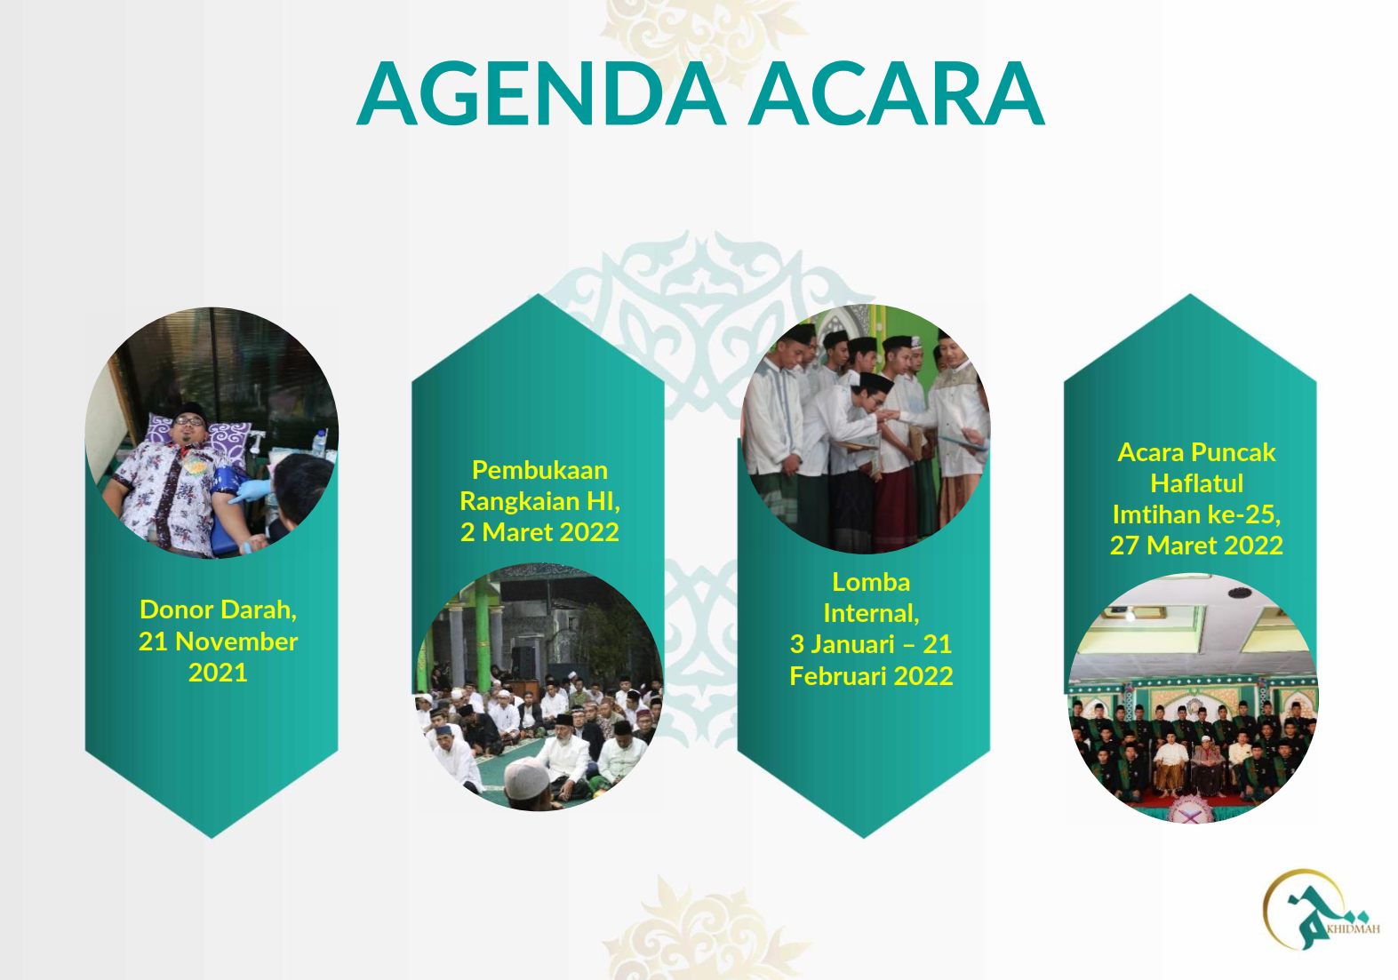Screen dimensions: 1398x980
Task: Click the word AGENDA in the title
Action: click(x=542, y=93)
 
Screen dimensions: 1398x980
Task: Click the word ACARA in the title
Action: click(x=897, y=93)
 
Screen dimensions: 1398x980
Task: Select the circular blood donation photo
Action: click(x=212, y=433)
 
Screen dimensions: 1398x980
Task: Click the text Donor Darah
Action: click(x=218, y=610)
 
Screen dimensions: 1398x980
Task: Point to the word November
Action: click(x=236, y=641)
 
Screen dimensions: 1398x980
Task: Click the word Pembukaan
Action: click(x=539, y=470)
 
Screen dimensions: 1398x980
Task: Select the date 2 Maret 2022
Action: click(x=539, y=532)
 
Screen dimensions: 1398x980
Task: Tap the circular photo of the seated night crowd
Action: click(x=539, y=687)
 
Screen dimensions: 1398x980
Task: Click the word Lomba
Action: click(x=871, y=582)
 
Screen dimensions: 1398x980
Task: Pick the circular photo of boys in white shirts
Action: click(x=866, y=429)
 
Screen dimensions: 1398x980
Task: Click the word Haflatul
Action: click(x=1196, y=483)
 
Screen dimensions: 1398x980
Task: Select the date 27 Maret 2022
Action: click(x=1196, y=546)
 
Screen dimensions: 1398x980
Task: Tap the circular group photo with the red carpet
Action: click(x=1194, y=698)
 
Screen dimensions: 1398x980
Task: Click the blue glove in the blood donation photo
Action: click(x=250, y=491)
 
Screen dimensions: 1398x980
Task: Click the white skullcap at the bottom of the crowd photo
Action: click(x=526, y=777)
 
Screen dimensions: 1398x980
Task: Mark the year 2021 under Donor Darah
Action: click(x=218, y=673)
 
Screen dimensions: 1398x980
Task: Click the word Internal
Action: click(x=871, y=613)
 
